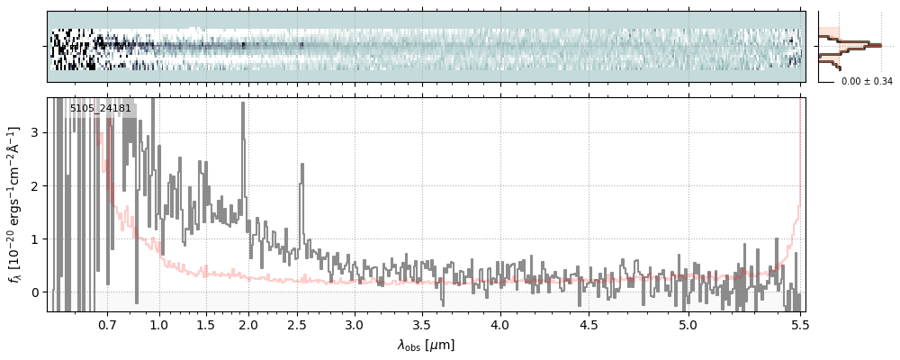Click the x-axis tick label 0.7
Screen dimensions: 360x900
click(x=107, y=324)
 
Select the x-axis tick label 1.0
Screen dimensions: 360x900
click(x=159, y=324)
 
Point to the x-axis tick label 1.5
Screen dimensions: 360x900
click(x=205, y=324)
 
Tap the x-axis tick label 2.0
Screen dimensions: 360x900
click(x=247, y=324)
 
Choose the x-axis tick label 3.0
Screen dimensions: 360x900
click(x=355, y=324)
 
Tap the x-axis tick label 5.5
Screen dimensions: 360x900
click(x=798, y=324)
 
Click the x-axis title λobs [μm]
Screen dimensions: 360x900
click(x=426, y=345)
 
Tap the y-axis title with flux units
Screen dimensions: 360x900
click(x=14, y=204)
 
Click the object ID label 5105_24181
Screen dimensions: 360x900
click(x=101, y=109)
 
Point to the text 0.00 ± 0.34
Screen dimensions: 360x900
click(x=867, y=82)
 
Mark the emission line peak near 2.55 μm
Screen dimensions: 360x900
click(x=301, y=165)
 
